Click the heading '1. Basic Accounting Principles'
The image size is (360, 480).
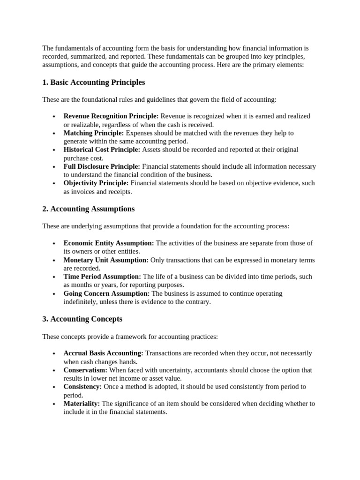(93, 82)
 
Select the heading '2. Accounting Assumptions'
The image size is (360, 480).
(88, 209)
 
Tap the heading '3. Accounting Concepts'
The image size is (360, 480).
(82, 319)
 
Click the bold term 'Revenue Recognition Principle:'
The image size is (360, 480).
(111, 116)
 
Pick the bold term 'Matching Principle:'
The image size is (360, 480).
(94, 133)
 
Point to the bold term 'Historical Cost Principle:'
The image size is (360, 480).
(102, 150)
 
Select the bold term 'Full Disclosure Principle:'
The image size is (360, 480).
(102, 166)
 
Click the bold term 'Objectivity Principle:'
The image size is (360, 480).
(96, 183)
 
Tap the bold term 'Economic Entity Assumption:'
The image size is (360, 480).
(109, 243)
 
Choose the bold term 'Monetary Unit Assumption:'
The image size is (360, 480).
(106, 260)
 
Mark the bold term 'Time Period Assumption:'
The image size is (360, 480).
(102, 277)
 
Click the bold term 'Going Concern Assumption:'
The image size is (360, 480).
(107, 294)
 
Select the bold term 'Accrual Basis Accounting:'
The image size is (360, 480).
(104, 353)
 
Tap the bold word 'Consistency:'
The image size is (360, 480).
(82, 387)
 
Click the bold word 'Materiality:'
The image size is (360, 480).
(82, 404)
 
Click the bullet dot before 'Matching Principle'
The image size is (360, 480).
(54, 134)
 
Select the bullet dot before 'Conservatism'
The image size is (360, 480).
(54, 371)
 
